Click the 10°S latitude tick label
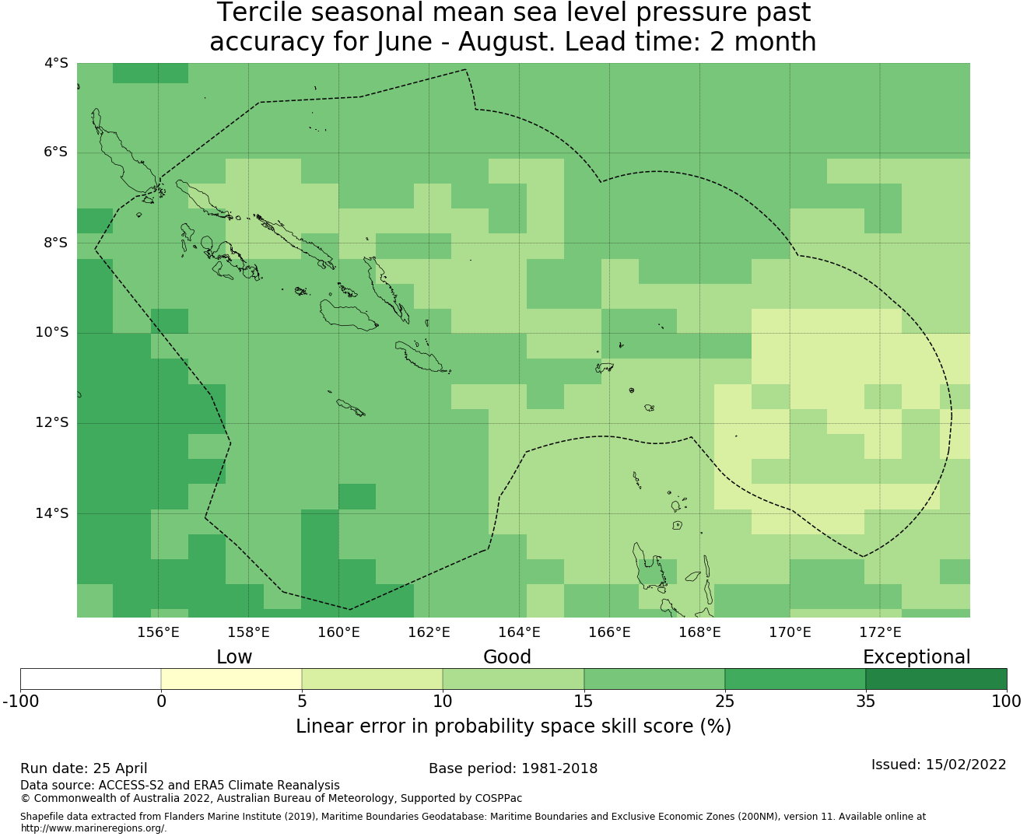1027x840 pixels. coord(51,333)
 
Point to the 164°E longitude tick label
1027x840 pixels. coord(519,632)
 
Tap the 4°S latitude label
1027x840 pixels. coord(56,63)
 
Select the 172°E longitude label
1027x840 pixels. coord(880,632)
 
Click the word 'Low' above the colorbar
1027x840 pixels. coord(234,657)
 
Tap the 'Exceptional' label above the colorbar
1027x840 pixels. coord(917,657)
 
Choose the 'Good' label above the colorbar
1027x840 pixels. coord(507,657)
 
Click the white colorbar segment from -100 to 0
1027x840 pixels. coord(90,679)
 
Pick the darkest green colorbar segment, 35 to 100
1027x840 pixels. coord(936,679)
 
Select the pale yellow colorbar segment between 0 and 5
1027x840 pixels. coord(231,679)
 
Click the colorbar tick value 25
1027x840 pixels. coord(724,702)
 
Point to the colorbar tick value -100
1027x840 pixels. coord(20,702)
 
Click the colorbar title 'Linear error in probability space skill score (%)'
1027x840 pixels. coord(513,726)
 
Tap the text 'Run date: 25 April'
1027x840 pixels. coord(84,768)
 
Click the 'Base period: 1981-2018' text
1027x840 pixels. coord(513,768)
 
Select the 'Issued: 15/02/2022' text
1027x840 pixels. coord(938,765)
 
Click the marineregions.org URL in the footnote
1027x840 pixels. coord(93,828)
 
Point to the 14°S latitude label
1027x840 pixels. coord(51,513)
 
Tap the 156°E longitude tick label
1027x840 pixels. coord(158,632)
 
